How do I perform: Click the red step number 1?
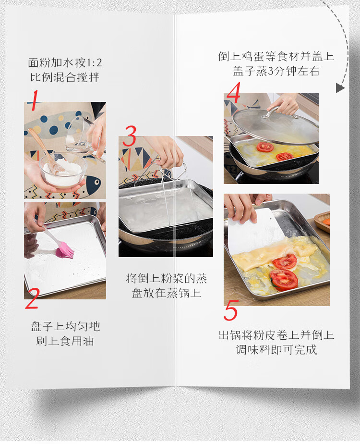35,100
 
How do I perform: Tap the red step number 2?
32,298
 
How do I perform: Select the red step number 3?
130,136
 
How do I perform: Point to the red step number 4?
234,92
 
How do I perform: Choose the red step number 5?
231,310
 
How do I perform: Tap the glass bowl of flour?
63,170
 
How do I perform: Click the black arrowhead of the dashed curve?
340,88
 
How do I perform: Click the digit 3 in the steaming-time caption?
270,71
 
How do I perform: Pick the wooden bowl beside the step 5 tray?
322,222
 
